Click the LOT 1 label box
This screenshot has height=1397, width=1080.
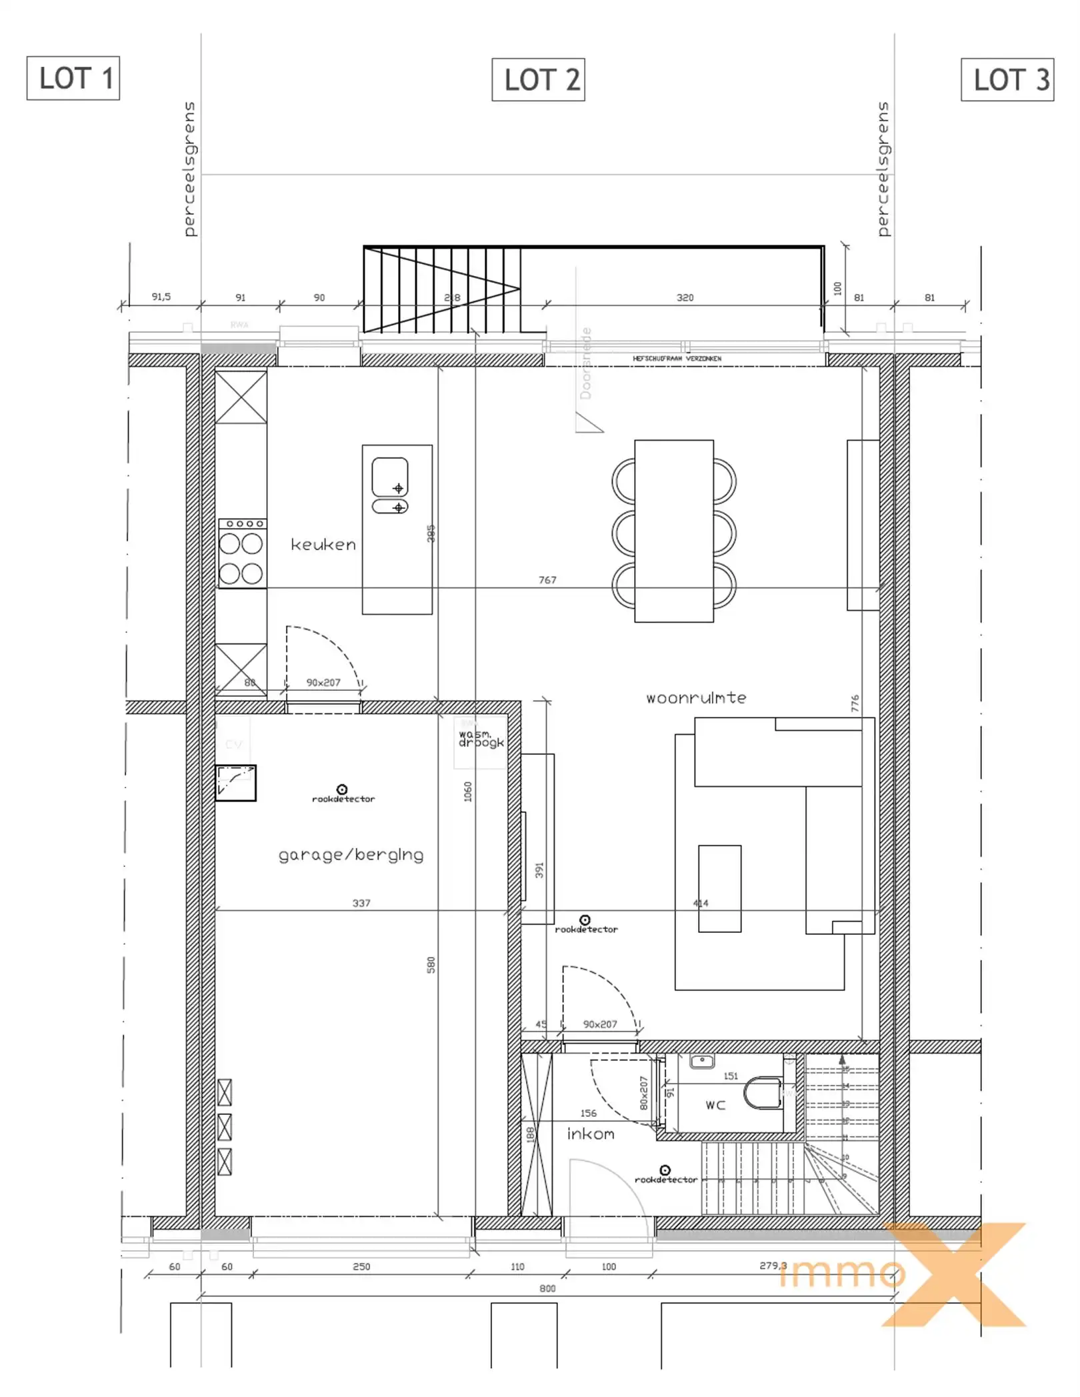click(x=73, y=78)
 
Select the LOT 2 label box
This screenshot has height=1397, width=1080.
click(x=538, y=79)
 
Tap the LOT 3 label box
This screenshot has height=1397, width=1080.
click(x=1007, y=79)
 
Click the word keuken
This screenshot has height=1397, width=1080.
click(x=323, y=545)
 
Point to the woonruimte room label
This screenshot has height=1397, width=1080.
click(x=696, y=698)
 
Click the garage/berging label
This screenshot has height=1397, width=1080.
click(x=351, y=855)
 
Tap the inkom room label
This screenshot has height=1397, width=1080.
click(x=591, y=1134)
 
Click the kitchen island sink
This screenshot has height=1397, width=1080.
click(x=390, y=476)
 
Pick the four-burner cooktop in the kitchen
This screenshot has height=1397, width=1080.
click(x=242, y=553)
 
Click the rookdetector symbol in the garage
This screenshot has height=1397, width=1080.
click(x=342, y=790)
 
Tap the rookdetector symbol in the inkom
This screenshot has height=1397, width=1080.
click(x=665, y=1170)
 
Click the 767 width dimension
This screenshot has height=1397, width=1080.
click(x=547, y=580)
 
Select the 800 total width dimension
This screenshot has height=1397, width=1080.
click(x=547, y=1288)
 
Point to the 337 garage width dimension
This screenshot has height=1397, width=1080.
click(x=361, y=903)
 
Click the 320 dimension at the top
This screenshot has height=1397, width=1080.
click(x=685, y=297)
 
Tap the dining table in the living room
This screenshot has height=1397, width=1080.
click(x=674, y=531)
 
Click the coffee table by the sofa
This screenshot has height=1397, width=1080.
click(x=719, y=888)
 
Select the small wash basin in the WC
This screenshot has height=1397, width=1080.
click(x=702, y=1062)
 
